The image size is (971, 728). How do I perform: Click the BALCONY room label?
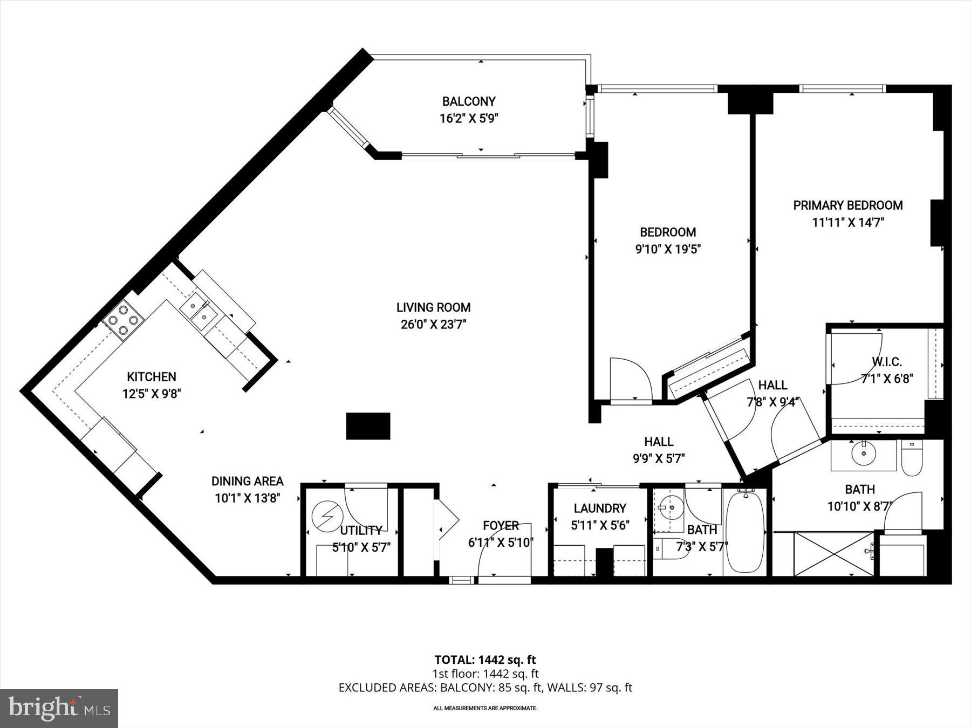click(x=468, y=101)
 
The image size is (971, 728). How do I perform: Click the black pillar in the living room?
click(x=368, y=426)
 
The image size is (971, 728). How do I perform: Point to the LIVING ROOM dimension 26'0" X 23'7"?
click(x=433, y=325)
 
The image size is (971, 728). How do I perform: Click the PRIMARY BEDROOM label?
click(x=847, y=205)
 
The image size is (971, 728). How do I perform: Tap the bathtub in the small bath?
click(x=744, y=533)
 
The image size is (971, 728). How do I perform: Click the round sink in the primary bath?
click(x=863, y=454)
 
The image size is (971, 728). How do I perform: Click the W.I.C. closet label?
click(x=886, y=362)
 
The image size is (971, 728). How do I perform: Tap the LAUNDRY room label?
click(x=599, y=508)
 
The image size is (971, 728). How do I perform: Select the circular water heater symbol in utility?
click(x=327, y=516)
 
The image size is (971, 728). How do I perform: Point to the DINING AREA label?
click(x=247, y=481)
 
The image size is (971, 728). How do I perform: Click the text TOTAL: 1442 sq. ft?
click(x=485, y=660)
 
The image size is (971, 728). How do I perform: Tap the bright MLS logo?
click(x=59, y=708)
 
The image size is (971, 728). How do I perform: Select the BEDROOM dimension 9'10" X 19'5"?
click(x=667, y=249)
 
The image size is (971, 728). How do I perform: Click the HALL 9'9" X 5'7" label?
click(x=659, y=450)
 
